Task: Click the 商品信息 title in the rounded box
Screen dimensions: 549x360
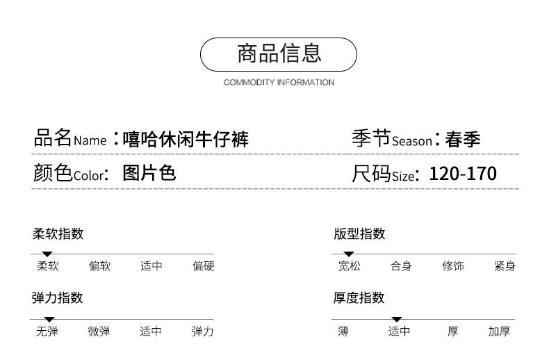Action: pos(279,54)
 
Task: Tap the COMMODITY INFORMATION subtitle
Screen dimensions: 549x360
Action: pos(279,83)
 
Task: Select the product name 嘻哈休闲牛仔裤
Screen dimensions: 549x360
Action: pos(186,140)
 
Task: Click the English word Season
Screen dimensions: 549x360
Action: pos(411,141)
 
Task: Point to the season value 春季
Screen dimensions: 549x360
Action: pos(463,140)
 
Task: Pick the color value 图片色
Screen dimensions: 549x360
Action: pos(149,172)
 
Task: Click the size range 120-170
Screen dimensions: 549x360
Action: pos(463,173)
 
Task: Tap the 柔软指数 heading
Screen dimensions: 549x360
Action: pos(58,234)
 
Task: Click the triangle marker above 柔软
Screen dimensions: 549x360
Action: pos(47,254)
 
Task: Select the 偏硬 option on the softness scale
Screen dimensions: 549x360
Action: pos(204,266)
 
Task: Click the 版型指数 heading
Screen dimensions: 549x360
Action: pos(359,234)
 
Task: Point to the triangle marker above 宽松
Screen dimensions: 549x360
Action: pos(349,254)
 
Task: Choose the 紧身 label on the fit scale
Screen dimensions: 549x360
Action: pos(505,266)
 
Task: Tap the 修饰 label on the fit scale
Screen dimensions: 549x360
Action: pos(453,266)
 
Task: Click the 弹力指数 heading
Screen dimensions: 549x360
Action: pos(58,298)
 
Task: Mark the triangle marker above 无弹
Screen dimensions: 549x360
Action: pos(49,319)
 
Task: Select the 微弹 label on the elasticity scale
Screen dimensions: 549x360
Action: pos(99,332)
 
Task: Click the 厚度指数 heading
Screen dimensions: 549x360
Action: pos(359,298)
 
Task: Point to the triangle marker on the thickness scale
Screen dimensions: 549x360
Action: pos(397,319)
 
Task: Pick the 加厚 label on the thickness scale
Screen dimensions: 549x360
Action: pos(499,332)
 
